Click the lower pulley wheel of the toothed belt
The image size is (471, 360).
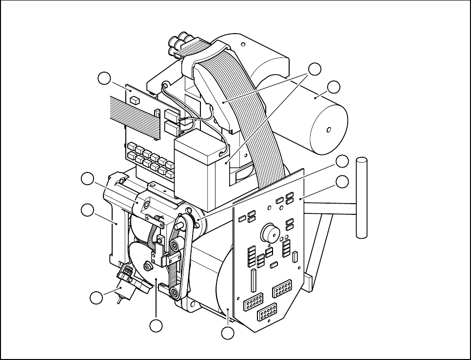pyautogui.click(x=174, y=292)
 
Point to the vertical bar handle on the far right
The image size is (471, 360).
pyautogui.click(x=361, y=197)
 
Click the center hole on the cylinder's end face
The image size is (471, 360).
pyautogui.click(x=329, y=130)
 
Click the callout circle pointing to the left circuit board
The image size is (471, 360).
pyautogui.click(x=103, y=77)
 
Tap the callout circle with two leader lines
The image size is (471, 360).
pyautogui.click(x=315, y=69)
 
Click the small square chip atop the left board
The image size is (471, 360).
pyautogui.click(x=135, y=100)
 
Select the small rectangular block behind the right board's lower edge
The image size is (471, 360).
pyautogui.click(x=308, y=282)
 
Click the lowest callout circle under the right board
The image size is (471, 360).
pyautogui.click(x=227, y=334)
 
